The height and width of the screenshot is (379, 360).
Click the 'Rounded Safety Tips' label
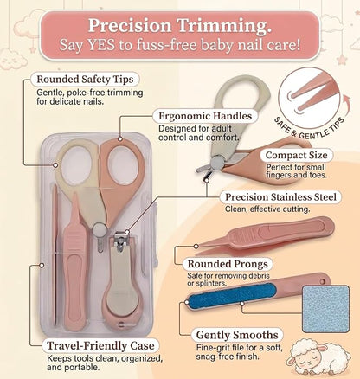[85, 80]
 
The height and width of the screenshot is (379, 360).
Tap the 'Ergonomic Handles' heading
[205, 116]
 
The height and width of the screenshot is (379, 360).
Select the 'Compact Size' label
[296, 155]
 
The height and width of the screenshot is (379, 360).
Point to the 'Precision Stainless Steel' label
[280, 197]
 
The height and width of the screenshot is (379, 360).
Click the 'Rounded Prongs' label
[228, 264]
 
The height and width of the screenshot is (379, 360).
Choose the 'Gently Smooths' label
[237, 335]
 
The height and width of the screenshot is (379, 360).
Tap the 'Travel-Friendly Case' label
[100, 345]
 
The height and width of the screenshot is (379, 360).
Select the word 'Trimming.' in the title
[224, 25]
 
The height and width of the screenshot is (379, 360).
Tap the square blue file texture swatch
[325, 309]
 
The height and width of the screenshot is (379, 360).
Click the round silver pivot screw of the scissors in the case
[100, 229]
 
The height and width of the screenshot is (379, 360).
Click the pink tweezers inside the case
[75, 260]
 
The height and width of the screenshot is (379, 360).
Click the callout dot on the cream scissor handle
[55, 165]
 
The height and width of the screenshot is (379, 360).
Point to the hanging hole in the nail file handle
[324, 280]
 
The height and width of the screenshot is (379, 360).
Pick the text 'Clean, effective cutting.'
[267, 209]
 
